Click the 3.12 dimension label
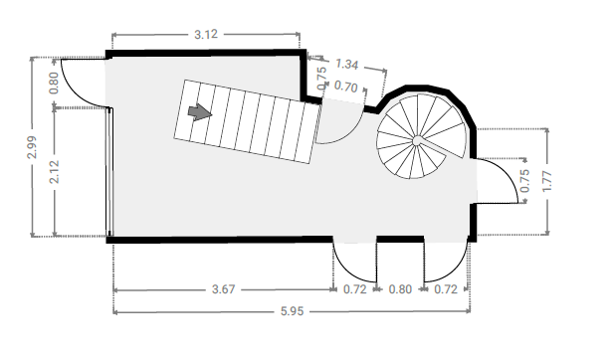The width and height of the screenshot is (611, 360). [x=206, y=34]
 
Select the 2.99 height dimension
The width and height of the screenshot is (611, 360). [x=32, y=147]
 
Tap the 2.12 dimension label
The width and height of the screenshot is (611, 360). [x=54, y=172]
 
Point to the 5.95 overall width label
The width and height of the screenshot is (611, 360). [x=292, y=311]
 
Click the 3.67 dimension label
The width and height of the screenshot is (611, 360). [x=224, y=289]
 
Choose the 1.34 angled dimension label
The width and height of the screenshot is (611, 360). [x=346, y=64]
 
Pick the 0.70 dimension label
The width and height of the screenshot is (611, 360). [x=345, y=87]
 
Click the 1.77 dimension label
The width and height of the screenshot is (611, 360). [x=547, y=181]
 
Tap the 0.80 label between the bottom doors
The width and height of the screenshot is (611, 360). [x=400, y=289]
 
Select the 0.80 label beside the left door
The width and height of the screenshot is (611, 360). [x=54, y=83]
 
